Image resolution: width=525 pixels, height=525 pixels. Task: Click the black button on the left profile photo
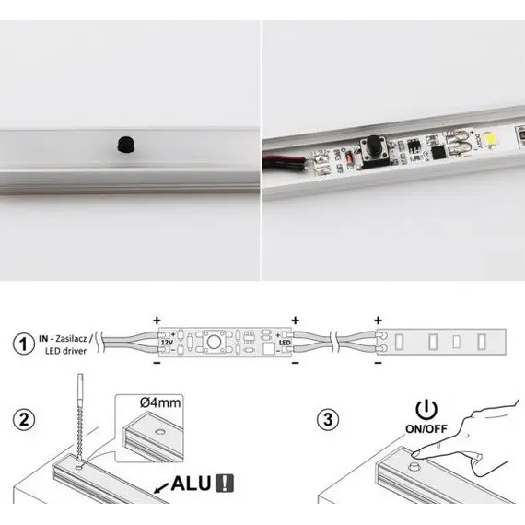click(x=123, y=143)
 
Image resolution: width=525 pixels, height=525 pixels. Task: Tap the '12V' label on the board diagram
click(x=166, y=343)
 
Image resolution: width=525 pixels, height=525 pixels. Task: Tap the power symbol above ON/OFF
click(x=426, y=408)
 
